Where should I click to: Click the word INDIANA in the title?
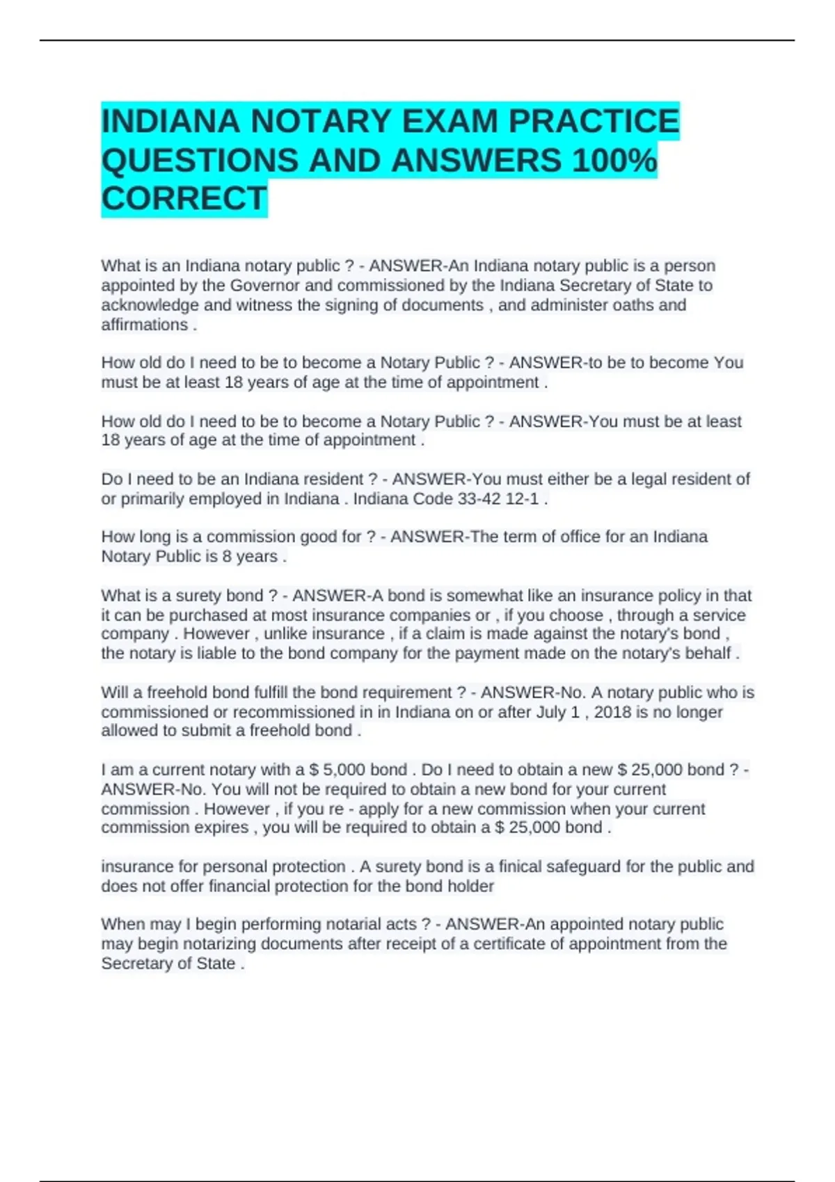pyautogui.click(x=170, y=122)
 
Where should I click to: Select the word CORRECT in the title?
pyautogui.click(x=184, y=199)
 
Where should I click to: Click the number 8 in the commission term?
pyautogui.click(x=227, y=556)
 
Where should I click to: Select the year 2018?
pyautogui.click(x=612, y=712)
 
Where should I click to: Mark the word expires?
pyautogui.click(x=221, y=827)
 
